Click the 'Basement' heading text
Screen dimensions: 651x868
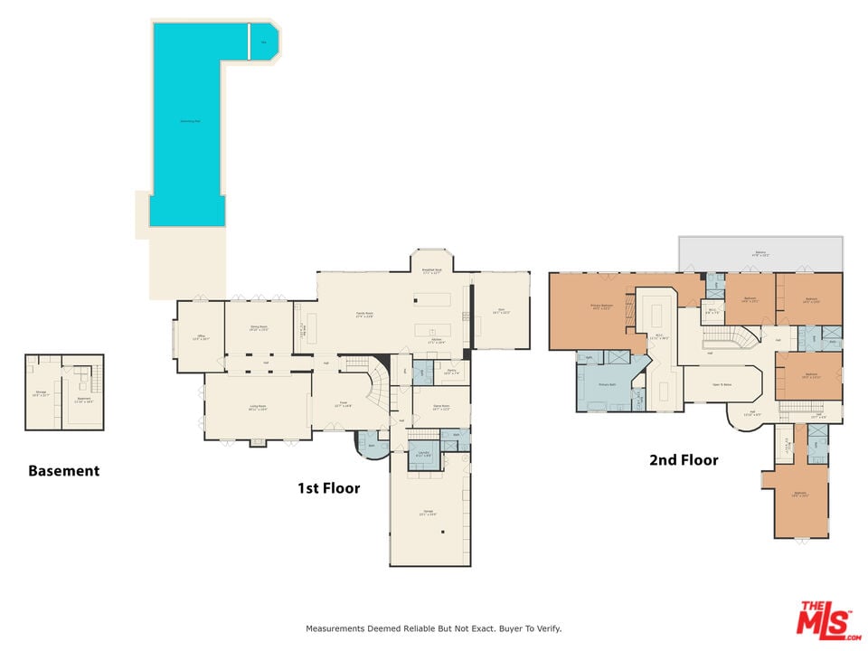pyautogui.click(x=63, y=471)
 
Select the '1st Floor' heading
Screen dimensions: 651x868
pyautogui.click(x=329, y=488)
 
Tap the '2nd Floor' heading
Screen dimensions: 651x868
pyautogui.click(x=684, y=460)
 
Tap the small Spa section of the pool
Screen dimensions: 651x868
pyautogui.click(x=264, y=42)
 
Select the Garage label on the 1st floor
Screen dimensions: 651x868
pyautogui.click(x=428, y=512)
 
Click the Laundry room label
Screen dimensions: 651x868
pyautogui.click(x=422, y=453)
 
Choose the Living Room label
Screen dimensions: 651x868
pyautogui.click(x=258, y=407)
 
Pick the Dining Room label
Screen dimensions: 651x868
pyautogui.click(x=259, y=328)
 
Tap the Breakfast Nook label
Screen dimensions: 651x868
pyautogui.click(x=432, y=270)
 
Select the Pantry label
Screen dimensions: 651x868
pyautogui.click(x=450, y=371)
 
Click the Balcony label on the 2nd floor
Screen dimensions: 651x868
pyautogui.click(x=760, y=253)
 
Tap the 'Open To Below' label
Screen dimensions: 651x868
pyautogui.click(x=722, y=383)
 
